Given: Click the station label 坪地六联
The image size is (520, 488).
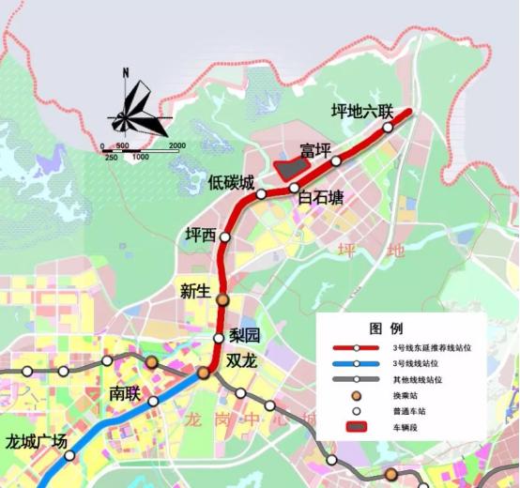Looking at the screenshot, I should coord(362,111).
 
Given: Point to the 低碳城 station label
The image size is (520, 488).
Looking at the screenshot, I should coord(231,183).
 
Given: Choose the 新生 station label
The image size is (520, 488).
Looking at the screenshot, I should coord(194,291).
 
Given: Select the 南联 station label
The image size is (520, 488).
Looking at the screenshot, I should coord(124,393).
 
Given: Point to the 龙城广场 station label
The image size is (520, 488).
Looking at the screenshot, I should coord(37,441).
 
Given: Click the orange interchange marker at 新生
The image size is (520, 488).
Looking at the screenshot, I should coord(222,299).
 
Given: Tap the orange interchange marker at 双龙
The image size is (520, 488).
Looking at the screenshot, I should coord(204,374).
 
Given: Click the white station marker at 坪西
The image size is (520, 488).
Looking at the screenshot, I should coord(224,238).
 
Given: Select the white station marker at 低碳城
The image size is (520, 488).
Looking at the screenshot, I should coord(261,194).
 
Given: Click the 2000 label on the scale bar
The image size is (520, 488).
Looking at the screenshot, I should coord(176,145).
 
